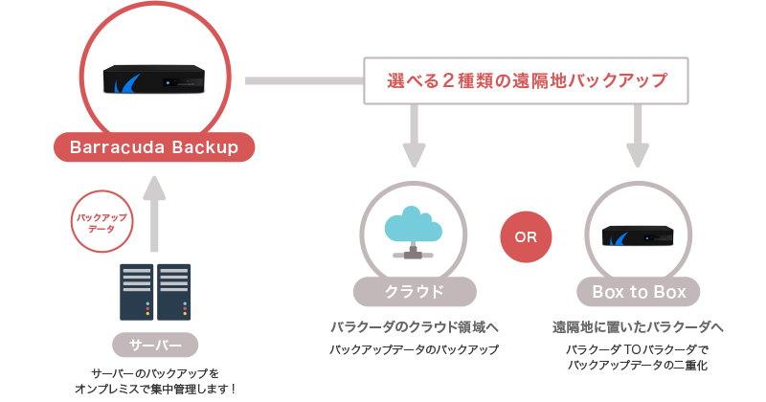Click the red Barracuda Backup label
(x=154, y=148)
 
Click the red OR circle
(x=526, y=237)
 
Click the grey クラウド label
(x=414, y=291)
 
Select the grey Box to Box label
(x=638, y=291)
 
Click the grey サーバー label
(x=154, y=344)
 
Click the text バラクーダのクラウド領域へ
(x=414, y=325)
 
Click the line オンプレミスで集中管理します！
(x=154, y=388)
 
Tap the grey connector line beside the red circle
(x=303, y=81)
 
